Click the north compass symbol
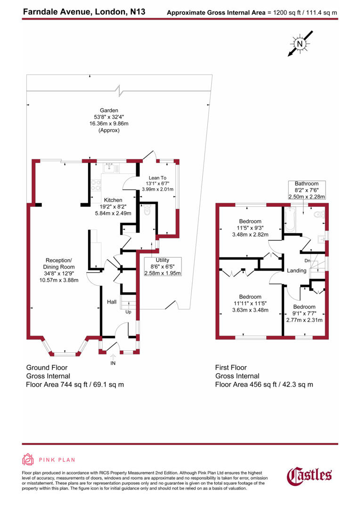(x=299, y=44)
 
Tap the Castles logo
(x=310, y=475)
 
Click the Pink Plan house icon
(x=28, y=460)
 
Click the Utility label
(x=162, y=260)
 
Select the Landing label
(x=296, y=271)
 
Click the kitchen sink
(x=109, y=166)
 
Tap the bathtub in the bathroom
(x=289, y=221)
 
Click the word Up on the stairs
(x=128, y=312)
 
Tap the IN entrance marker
(x=113, y=363)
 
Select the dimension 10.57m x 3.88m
(x=58, y=280)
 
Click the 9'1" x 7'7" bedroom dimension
(x=304, y=313)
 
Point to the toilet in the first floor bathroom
(x=321, y=215)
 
